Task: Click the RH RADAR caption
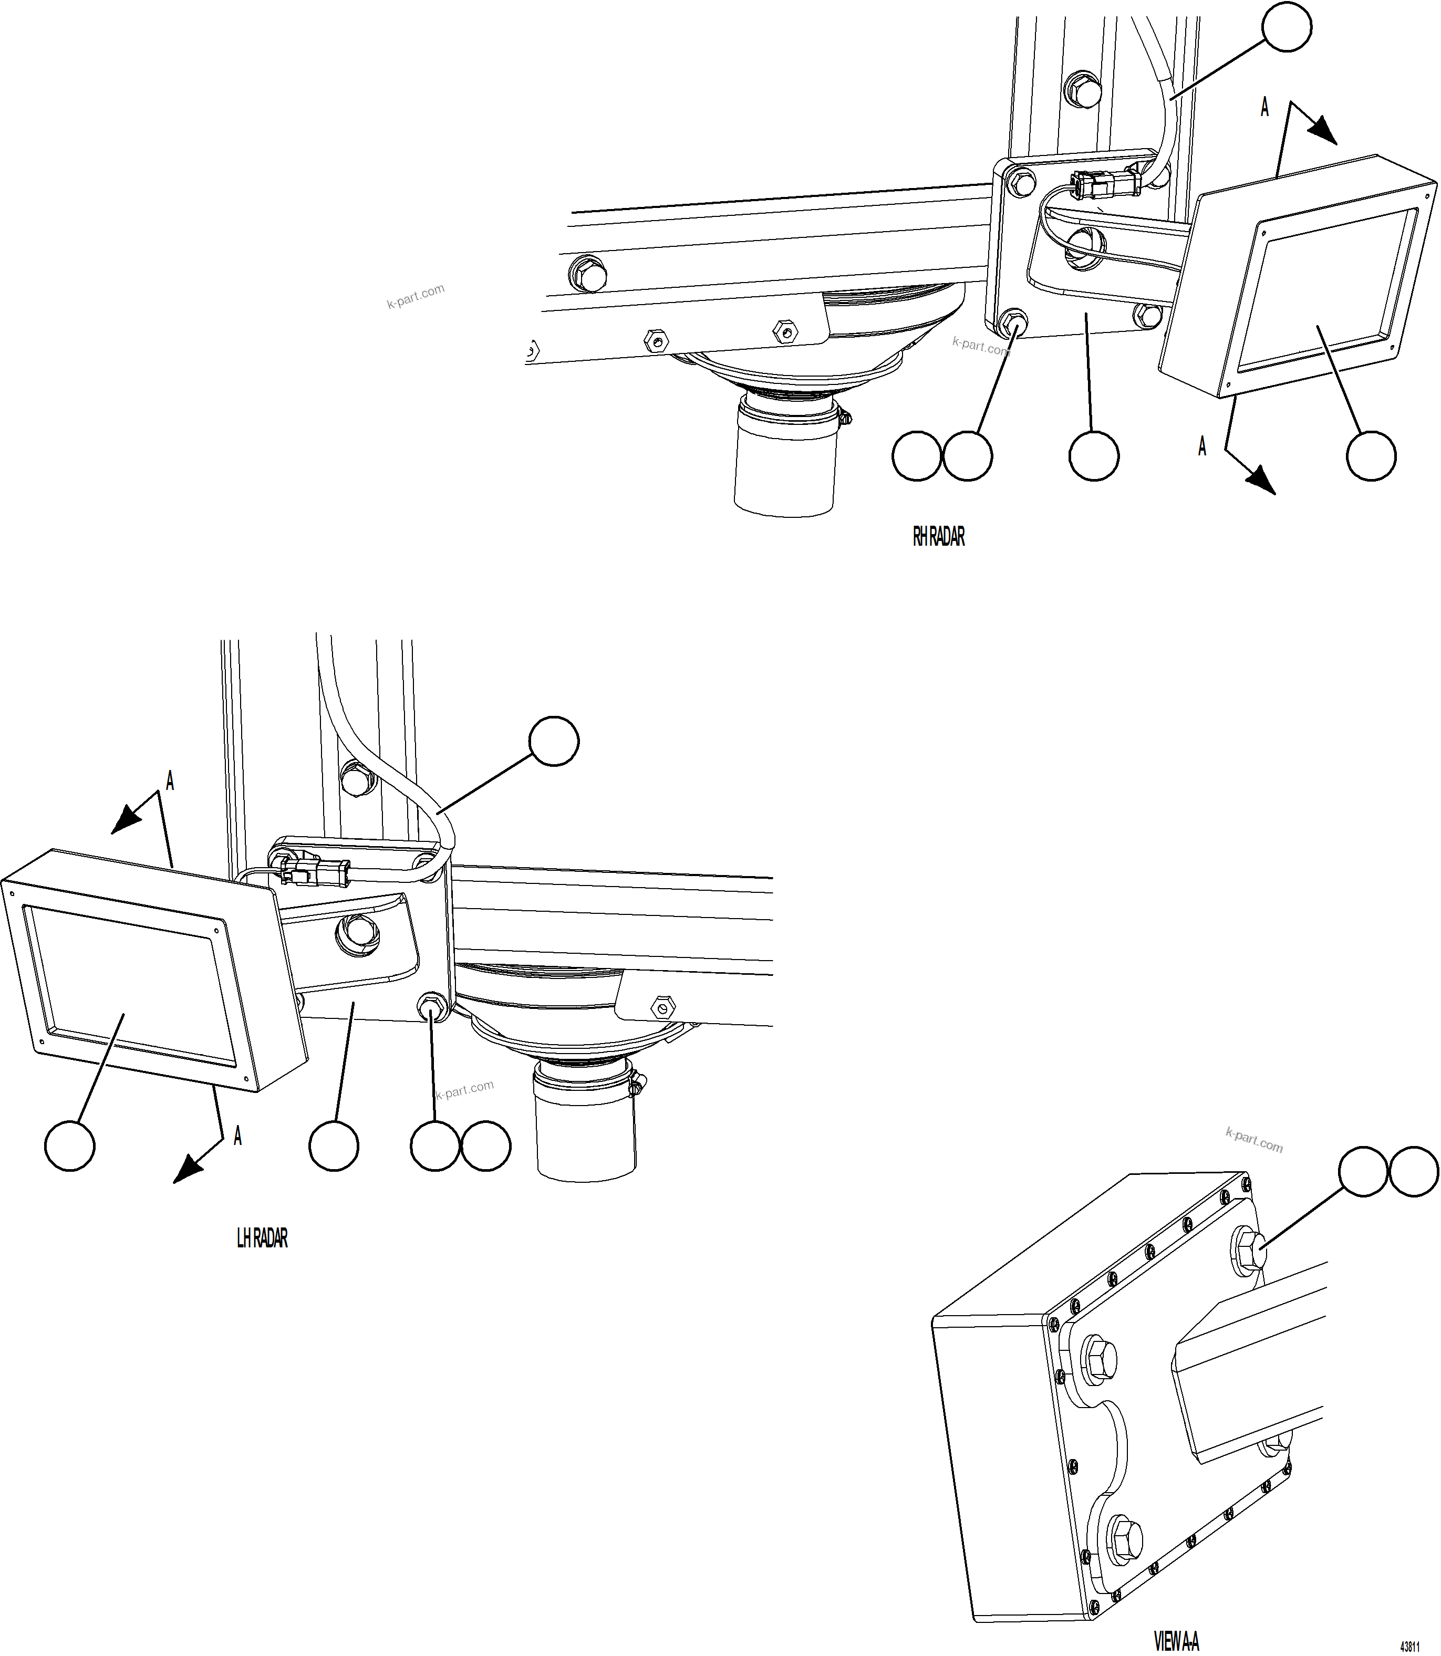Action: (x=938, y=537)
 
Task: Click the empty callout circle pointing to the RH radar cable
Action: (x=1286, y=27)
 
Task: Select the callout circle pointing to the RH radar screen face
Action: (x=1371, y=456)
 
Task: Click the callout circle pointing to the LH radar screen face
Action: (x=69, y=1147)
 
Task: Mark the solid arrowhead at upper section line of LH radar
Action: (x=126, y=820)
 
